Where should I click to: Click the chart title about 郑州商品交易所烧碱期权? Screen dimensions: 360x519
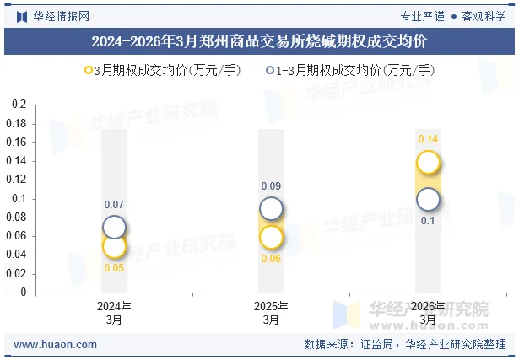[x=259, y=40]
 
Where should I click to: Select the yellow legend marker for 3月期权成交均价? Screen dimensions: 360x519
[x=89, y=71]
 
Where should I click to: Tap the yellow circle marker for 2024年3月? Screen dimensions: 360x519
[x=114, y=246]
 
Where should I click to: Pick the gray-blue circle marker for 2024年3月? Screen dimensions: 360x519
[x=114, y=227]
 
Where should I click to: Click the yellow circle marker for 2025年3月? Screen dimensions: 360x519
[x=271, y=237]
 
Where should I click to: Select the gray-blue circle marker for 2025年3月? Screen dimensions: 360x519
[x=271, y=208]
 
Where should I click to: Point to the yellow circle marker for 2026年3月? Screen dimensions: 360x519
[x=428, y=162]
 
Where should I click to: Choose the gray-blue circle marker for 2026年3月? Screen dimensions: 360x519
[x=428, y=199]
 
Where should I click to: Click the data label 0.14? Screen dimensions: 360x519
[x=428, y=139]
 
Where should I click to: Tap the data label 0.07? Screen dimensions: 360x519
[x=114, y=205]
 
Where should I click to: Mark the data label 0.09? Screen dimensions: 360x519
[x=271, y=186]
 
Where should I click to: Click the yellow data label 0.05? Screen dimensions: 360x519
[x=114, y=268]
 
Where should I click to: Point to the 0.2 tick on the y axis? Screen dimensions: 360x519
[x=19, y=105]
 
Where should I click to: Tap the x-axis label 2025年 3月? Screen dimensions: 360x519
[x=271, y=313]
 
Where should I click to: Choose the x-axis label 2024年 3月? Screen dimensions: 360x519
[x=114, y=313]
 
